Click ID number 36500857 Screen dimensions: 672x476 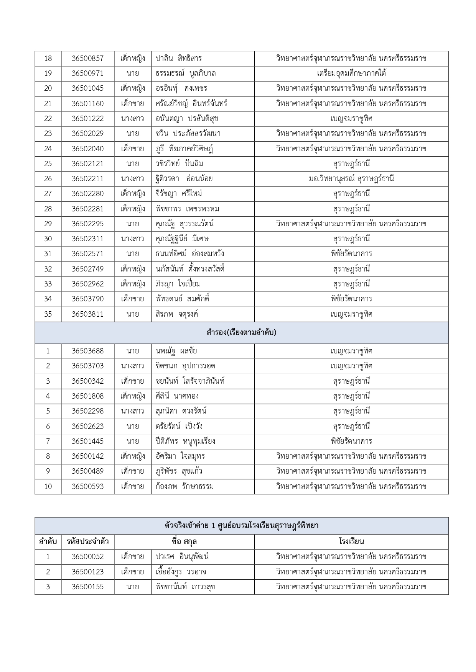(87, 59)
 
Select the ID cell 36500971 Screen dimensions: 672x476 (87, 74)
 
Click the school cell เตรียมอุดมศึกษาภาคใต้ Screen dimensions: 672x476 (351, 74)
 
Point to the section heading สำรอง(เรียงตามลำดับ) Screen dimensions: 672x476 (242, 333)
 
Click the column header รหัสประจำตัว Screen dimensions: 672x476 (87, 542)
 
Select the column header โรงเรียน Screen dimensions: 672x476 (351, 542)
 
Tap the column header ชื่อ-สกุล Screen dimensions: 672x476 (184, 542)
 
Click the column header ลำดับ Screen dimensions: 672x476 (48, 542)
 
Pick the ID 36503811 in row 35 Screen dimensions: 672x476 (87, 314)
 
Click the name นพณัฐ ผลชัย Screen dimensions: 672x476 (176, 351)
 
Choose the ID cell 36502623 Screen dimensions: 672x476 (87, 426)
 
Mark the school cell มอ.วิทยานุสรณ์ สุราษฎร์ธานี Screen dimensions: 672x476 (351, 179)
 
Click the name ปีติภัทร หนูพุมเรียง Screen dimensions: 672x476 (185, 441)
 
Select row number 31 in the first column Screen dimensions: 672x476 (48, 254)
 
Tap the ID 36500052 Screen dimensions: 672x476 (87, 557)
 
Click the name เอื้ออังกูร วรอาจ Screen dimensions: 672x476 (181, 572)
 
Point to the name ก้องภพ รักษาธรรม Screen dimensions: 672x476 (184, 487)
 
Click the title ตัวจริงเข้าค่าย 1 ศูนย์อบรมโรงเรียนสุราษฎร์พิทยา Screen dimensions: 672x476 (242, 526)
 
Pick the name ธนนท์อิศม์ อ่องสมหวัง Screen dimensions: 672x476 (190, 254)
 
